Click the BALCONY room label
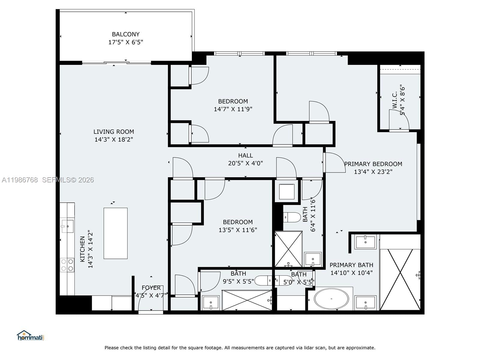[125, 34]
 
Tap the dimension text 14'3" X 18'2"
[113, 139]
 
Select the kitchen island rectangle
[115, 233]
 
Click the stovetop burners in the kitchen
[67, 265]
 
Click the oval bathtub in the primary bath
[331, 299]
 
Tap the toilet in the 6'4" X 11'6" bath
[292, 217]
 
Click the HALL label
[245, 155]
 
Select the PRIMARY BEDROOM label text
[373, 164]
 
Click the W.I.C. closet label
[394, 100]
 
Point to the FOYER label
[151, 288]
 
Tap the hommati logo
[30, 336]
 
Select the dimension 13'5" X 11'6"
[238, 230]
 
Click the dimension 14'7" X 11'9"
[233, 109]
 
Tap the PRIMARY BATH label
[351, 265]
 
